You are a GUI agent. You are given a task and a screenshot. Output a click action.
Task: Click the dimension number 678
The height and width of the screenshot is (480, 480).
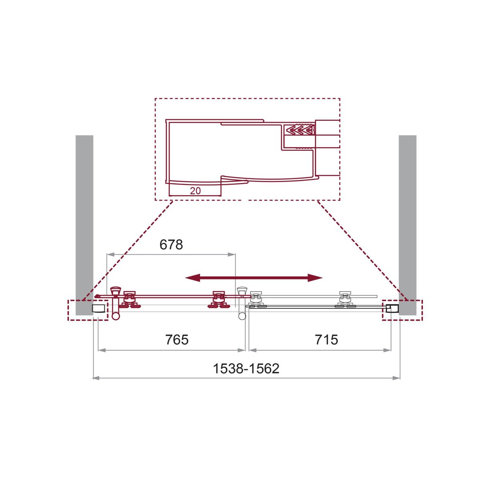[x=171, y=245]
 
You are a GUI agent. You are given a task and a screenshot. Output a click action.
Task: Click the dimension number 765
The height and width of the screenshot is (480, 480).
[x=177, y=340]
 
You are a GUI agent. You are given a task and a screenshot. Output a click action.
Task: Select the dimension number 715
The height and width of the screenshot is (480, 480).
[x=326, y=340]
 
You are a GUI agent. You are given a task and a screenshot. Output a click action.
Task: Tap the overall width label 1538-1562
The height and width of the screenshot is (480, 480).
[x=246, y=368]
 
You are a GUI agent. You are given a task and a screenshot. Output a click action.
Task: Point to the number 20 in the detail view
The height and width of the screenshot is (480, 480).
[x=195, y=191]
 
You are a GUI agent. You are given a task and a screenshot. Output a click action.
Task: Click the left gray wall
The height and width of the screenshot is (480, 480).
[x=84, y=225]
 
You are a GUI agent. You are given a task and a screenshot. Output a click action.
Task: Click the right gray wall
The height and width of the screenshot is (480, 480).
[x=408, y=225]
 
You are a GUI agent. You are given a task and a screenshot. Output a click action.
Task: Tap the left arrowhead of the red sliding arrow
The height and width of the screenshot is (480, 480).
[x=192, y=278]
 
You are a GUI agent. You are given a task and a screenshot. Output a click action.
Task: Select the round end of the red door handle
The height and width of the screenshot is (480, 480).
[x=116, y=316]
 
